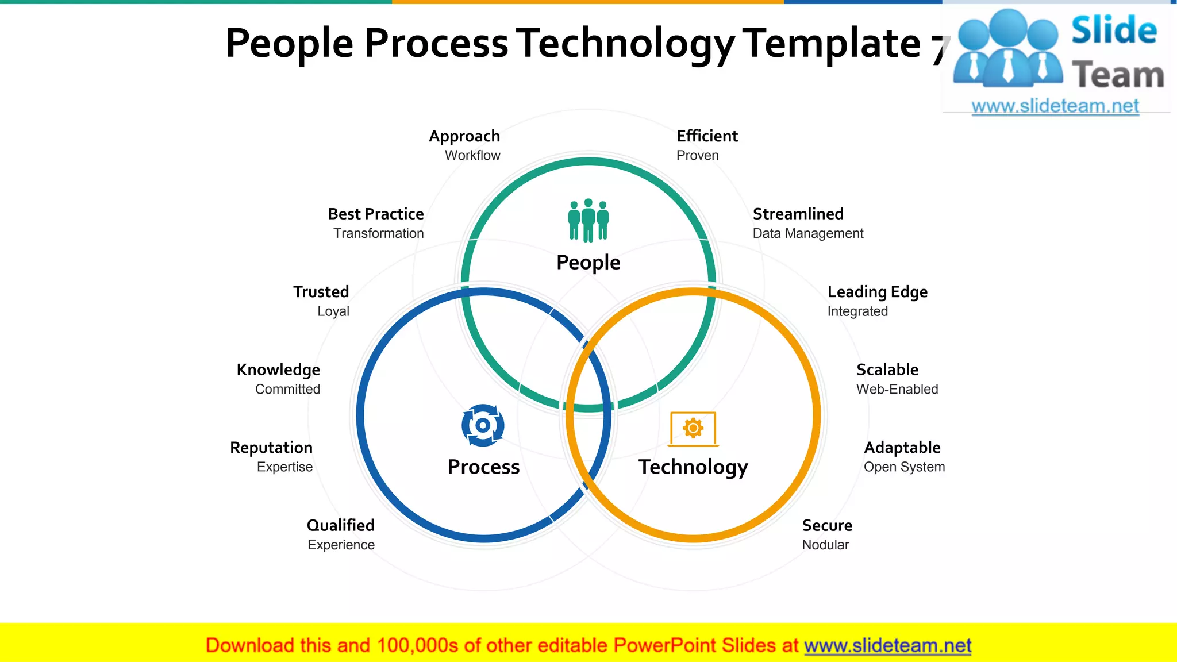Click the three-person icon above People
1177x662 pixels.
(x=588, y=220)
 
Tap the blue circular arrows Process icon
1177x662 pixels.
(x=483, y=425)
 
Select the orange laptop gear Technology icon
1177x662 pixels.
(x=693, y=429)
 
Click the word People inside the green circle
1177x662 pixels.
(x=588, y=263)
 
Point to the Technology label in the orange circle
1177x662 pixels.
(x=693, y=467)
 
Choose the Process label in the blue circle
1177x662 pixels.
(x=483, y=467)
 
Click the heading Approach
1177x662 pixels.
(x=464, y=136)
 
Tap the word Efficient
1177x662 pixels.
(x=707, y=136)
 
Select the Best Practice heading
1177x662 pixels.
(x=376, y=214)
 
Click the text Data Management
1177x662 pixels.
(x=807, y=233)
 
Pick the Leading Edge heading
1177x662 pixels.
(x=877, y=292)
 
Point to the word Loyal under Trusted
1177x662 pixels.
(x=333, y=311)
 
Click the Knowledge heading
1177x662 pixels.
(x=278, y=370)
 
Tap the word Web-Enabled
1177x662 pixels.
(x=897, y=389)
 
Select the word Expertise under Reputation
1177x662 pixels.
(x=284, y=467)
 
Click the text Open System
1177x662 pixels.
(x=904, y=467)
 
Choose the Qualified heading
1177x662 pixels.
(x=340, y=525)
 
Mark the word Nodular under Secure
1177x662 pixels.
(x=825, y=545)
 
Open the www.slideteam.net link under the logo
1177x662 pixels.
(x=1055, y=106)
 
